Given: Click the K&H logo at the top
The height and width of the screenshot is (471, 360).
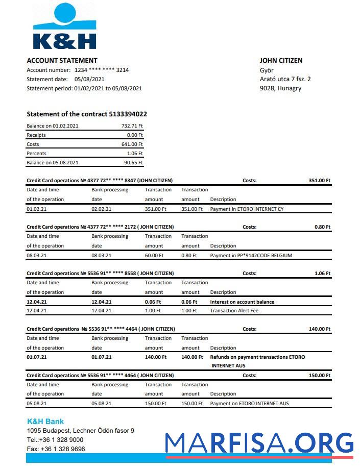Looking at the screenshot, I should coord(64,27).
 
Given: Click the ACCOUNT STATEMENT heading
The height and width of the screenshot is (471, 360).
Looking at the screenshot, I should coord(62,60).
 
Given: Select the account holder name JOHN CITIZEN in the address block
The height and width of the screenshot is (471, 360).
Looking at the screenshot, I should coord(281,60).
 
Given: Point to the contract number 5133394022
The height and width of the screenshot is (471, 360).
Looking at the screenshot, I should coord(128,114).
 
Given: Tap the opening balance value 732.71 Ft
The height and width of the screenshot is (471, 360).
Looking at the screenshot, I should coord(132,126).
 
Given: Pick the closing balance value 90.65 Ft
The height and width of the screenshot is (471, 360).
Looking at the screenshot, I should coord(133,163).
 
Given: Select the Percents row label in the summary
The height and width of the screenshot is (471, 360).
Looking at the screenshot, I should coord(36,154).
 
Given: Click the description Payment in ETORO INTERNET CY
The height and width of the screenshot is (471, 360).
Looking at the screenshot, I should coord(247,209).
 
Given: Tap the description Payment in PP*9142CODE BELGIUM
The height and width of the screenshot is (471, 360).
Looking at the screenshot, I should coord(251,256).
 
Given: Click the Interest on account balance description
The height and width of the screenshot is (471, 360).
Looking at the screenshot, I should coord(242,302).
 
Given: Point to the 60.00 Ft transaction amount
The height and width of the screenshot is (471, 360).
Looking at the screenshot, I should coord(154,256).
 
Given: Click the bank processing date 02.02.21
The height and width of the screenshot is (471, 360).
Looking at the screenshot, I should coord(101,209).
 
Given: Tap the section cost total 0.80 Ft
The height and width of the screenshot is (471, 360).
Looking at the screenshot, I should coord(322,227).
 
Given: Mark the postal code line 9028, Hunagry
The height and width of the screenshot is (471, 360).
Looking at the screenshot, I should coord(280,88).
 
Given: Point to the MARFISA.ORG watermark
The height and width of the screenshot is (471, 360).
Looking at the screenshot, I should coord(259,443).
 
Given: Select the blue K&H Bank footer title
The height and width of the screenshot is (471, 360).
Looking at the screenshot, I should coord(45,422).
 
